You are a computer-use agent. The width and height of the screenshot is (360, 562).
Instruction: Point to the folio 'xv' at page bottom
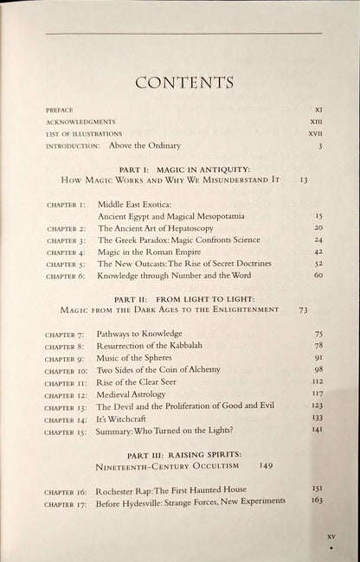point(330,537)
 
